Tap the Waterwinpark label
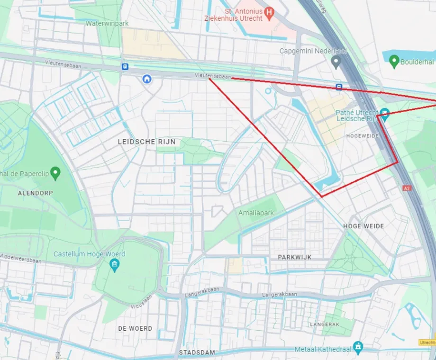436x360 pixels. [107, 23]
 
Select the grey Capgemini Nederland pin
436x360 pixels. [336, 61]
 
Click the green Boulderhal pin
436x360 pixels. [393, 61]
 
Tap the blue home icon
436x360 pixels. [147, 79]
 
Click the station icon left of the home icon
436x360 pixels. [125, 67]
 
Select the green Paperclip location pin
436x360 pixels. [55, 173]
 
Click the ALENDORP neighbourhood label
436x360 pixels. [36, 193]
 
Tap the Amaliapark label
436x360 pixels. [256, 213]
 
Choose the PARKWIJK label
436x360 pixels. [295, 257]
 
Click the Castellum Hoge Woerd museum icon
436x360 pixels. [114, 265]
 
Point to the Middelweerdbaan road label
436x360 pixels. [21, 261]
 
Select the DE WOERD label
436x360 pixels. [135, 328]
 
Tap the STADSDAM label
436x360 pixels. [197, 352]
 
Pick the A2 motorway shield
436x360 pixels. [406, 188]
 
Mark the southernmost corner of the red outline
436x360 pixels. [322, 196]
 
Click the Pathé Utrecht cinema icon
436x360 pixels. [385, 113]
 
